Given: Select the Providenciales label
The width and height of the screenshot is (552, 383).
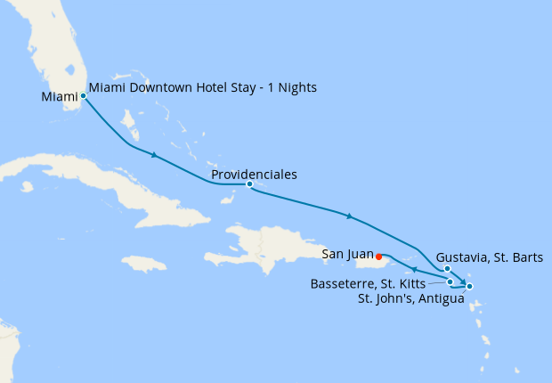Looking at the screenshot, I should [x=255, y=175].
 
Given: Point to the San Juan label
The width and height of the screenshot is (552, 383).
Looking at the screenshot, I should [x=347, y=255].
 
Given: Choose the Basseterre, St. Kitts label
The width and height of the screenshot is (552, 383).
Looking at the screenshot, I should [x=367, y=284].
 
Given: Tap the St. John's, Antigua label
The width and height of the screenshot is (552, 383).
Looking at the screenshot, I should [x=410, y=298].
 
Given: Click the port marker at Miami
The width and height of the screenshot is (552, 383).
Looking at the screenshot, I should [x=83, y=95].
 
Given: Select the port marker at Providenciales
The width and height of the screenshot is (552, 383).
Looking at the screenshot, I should [x=249, y=184].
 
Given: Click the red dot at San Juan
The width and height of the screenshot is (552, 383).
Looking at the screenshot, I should [x=379, y=257].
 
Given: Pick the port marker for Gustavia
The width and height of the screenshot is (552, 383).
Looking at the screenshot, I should [x=447, y=268].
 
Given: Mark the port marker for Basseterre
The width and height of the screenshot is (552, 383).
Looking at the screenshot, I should [x=451, y=281].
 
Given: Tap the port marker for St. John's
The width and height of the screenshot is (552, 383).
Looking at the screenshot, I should [x=469, y=286].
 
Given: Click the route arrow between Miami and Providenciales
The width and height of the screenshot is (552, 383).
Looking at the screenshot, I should [x=155, y=156].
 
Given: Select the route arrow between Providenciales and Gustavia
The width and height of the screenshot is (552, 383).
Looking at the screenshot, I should [x=350, y=216].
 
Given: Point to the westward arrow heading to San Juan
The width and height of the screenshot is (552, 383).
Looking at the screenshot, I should [x=414, y=270].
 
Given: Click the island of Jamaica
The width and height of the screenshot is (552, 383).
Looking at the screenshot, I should [x=144, y=264].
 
